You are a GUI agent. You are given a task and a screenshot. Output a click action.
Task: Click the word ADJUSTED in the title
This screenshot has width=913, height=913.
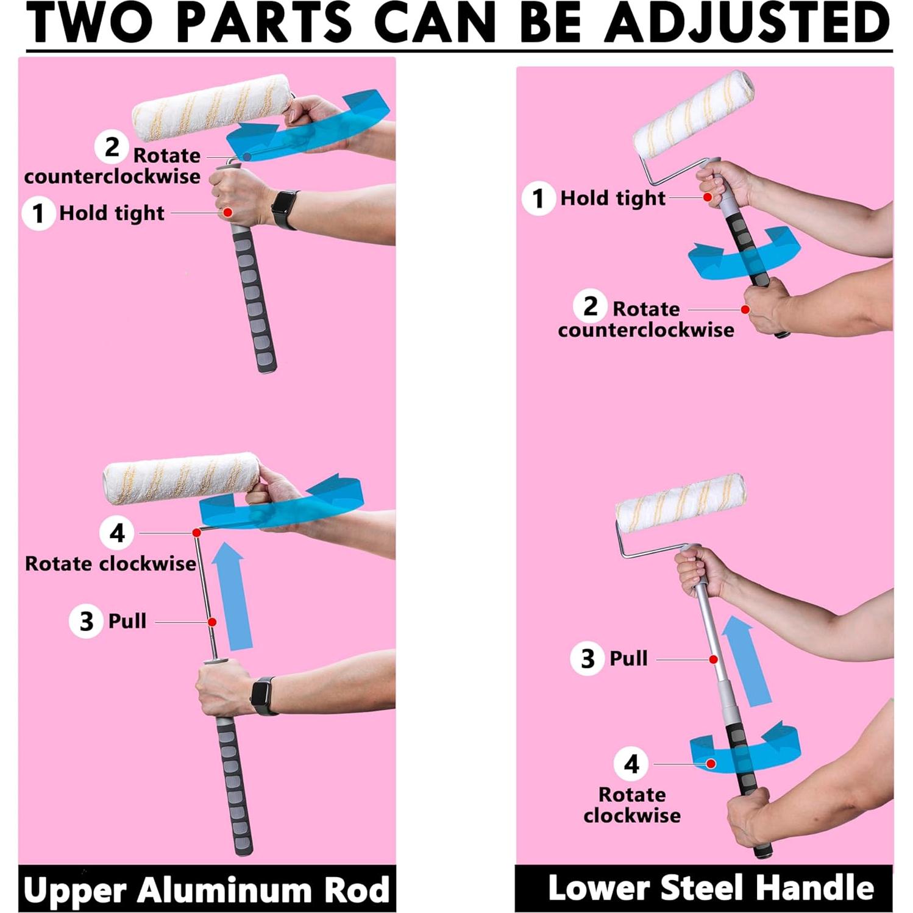pyautogui.click(x=748, y=23)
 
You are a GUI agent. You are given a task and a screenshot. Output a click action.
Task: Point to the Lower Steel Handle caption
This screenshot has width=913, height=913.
pyautogui.click(x=711, y=887)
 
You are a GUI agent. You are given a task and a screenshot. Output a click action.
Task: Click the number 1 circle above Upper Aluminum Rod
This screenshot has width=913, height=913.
pyautogui.click(x=38, y=213)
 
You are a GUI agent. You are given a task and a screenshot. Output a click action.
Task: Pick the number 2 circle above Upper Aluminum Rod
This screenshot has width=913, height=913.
pyautogui.click(x=112, y=147)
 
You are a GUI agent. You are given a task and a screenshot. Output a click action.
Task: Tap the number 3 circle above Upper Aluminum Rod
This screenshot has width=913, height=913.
pyautogui.click(x=86, y=621)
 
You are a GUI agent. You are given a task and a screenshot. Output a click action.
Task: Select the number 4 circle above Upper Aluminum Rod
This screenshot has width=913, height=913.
pyautogui.click(x=116, y=533)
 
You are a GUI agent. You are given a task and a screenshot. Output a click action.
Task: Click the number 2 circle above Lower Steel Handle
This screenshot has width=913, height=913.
pyautogui.click(x=590, y=306)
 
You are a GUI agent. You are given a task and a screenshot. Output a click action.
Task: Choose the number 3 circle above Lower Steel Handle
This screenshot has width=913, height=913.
pyautogui.click(x=587, y=658)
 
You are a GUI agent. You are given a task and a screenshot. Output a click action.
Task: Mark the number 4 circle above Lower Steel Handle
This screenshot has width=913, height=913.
pyautogui.click(x=631, y=764)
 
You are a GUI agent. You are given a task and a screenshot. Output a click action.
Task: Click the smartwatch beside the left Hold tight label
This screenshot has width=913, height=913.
pyautogui.click(x=285, y=209)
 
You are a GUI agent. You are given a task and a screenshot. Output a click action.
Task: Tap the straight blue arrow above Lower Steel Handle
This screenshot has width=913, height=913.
pyautogui.click(x=747, y=661)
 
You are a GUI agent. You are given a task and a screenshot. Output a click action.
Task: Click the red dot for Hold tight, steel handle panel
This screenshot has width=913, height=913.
pyautogui.click(x=708, y=197)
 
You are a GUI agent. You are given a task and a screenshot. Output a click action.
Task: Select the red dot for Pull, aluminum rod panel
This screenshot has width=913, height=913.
pyautogui.click(x=212, y=622)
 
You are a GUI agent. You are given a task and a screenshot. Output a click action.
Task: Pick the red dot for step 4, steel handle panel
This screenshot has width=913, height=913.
pyautogui.click(x=711, y=764)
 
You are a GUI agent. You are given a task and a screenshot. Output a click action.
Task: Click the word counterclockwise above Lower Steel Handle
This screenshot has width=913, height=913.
pyautogui.click(x=646, y=330)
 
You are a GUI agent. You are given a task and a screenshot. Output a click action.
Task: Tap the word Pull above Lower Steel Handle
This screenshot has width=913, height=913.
pyautogui.click(x=628, y=658)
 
